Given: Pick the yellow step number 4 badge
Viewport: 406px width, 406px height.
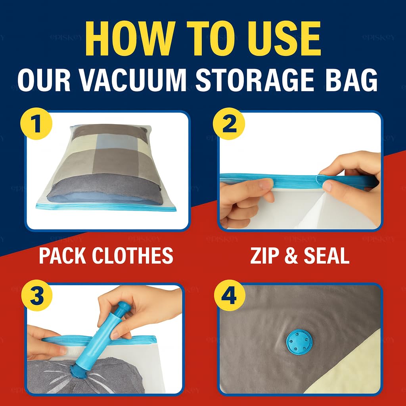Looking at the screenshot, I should tap(228, 296).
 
